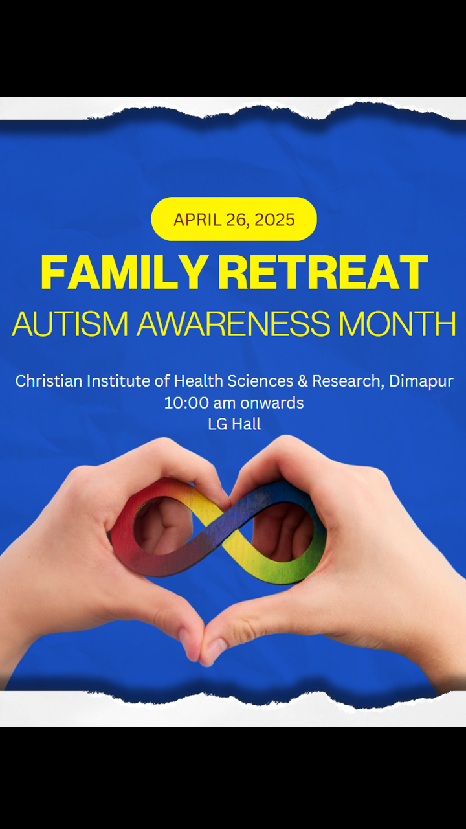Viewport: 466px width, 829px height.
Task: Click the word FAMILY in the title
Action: coord(123,272)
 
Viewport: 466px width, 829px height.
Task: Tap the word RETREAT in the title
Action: coord(323,272)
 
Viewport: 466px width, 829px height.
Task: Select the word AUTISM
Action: coord(71,323)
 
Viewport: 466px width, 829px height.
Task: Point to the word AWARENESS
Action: coord(234,323)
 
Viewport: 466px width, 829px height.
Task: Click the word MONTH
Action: coord(397,323)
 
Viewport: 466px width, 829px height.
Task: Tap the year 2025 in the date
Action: coord(274,220)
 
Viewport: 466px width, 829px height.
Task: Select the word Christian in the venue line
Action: coord(49,381)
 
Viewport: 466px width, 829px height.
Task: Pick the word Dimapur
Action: coord(421,381)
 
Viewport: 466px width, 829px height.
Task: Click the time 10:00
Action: coord(187,403)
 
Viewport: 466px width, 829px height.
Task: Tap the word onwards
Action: coord(272,403)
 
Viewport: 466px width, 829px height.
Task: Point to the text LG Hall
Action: coord(234,424)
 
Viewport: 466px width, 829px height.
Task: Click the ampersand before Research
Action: coord(303,381)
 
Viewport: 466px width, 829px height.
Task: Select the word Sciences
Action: coord(260,381)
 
